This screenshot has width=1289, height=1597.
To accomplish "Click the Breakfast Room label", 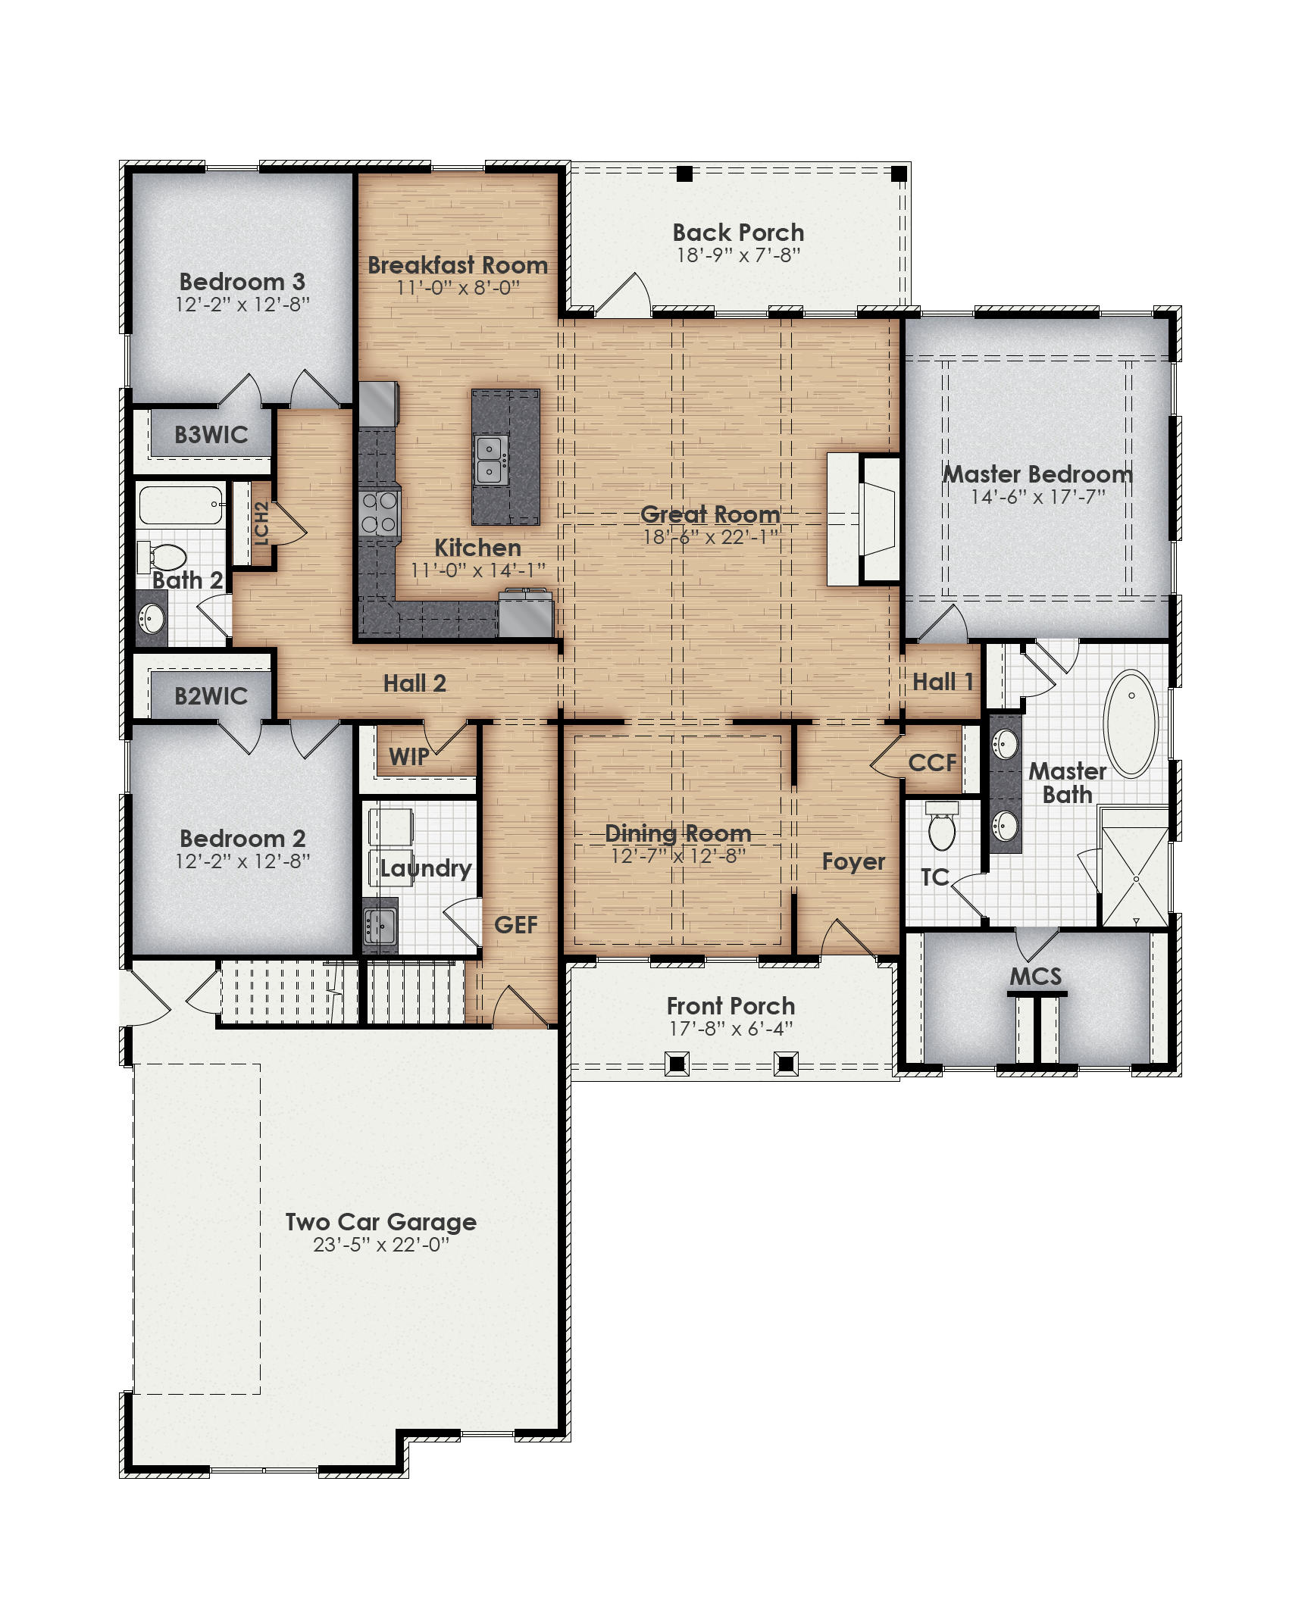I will [x=457, y=265].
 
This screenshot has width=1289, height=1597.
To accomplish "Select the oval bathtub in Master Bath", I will [x=1130, y=723].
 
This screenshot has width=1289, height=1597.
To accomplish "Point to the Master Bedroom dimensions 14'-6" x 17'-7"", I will [x=1037, y=497].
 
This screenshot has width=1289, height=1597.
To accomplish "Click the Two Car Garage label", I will [x=380, y=1221].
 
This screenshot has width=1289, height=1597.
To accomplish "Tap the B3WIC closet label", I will [x=211, y=435].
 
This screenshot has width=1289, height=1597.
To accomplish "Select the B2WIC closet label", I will [x=211, y=695].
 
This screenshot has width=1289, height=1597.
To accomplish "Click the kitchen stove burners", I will [x=378, y=512].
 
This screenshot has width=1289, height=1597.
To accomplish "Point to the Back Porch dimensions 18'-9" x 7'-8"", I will [x=738, y=255].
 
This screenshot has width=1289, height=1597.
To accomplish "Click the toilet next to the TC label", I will [x=942, y=829].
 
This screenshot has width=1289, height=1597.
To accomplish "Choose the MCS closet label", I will [x=1035, y=976].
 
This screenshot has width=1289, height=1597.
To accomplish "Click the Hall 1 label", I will [x=942, y=682].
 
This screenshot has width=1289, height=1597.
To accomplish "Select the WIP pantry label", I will [x=408, y=755].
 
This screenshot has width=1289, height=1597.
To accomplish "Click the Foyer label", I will [x=853, y=861].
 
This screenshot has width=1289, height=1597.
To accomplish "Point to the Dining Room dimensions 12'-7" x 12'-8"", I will [x=678, y=856].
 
